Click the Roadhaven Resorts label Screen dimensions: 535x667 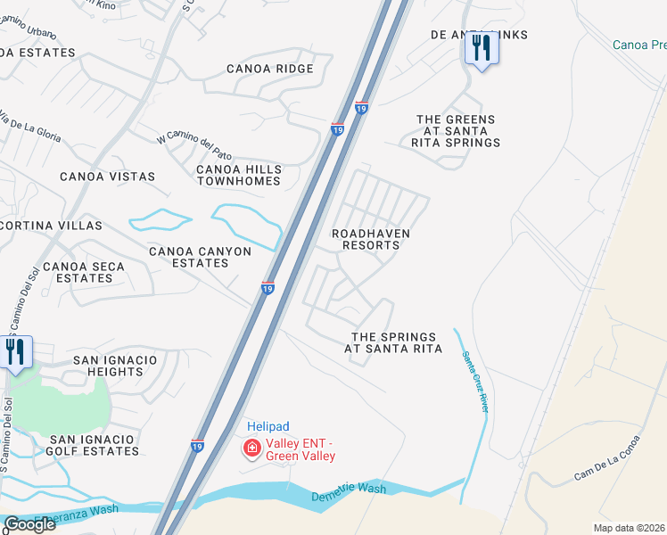pyautogui.click(x=371, y=239)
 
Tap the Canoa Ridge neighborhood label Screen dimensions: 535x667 pyautogui.click(x=269, y=69)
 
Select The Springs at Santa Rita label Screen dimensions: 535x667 pyautogui.click(x=393, y=343)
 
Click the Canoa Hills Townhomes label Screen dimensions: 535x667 pyautogui.click(x=239, y=175)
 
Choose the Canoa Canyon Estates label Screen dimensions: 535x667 pyautogui.click(x=200, y=257)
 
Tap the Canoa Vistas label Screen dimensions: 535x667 pyautogui.click(x=107, y=177)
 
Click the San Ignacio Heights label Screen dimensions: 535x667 pyautogui.click(x=115, y=366)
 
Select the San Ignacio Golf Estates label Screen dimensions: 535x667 pyautogui.click(x=94, y=445)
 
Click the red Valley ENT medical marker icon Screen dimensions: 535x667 pyautogui.click(x=252, y=448)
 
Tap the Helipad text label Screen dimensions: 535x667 pyautogui.click(x=268, y=427)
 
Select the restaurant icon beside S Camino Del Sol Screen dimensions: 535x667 pyautogui.click(x=15, y=352)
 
